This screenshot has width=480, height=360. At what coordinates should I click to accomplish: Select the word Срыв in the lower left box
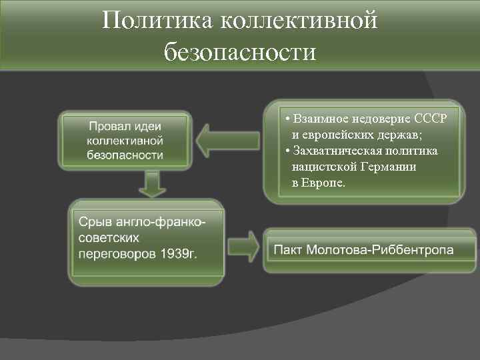point(95,221)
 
